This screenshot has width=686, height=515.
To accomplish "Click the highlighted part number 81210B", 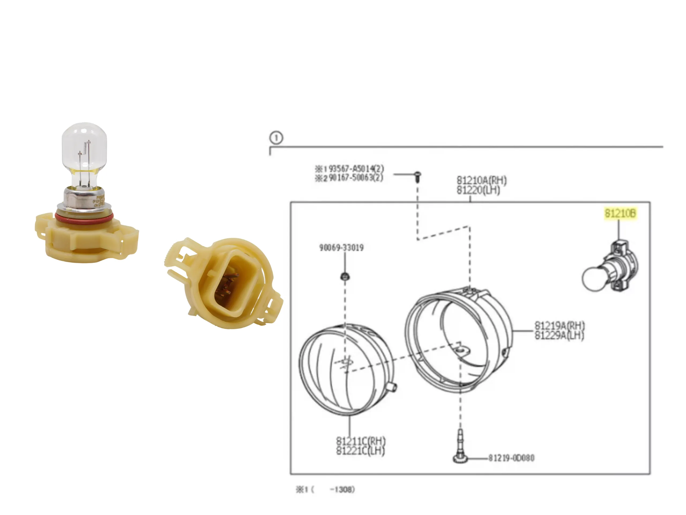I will (x=620, y=214).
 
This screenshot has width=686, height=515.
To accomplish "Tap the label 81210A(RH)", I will (x=481, y=180).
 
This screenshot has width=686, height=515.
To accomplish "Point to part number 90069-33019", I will (x=341, y=248).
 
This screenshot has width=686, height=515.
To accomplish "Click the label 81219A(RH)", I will (x=560, y=326).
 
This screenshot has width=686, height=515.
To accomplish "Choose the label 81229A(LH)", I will (x=559, y=336).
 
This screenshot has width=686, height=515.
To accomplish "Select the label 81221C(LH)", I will (x=360, y=451).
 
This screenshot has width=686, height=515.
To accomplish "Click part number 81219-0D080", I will (x=511, y=458).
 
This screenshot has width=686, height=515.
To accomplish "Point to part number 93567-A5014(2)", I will (x=356, y=169).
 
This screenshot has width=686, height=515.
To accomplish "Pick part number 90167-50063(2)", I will (x=356, y=178).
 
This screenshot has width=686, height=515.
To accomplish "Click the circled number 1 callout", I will (x=276, y=138).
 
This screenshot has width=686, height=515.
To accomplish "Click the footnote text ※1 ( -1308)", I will (x=325, y=490).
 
